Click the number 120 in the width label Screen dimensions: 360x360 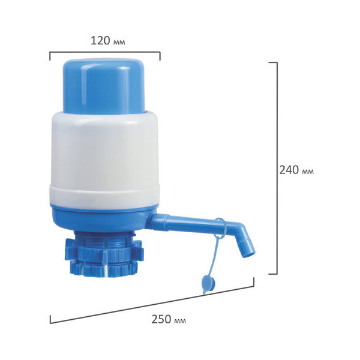(101, 41)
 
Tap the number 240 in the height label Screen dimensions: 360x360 (289, 170)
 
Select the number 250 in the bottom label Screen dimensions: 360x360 (161, 319)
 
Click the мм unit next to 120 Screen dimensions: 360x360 (119, 42)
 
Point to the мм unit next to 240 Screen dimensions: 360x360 (307, 172)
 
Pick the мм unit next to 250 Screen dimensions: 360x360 (180, 321)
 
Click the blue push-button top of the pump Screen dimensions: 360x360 (104, 86)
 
